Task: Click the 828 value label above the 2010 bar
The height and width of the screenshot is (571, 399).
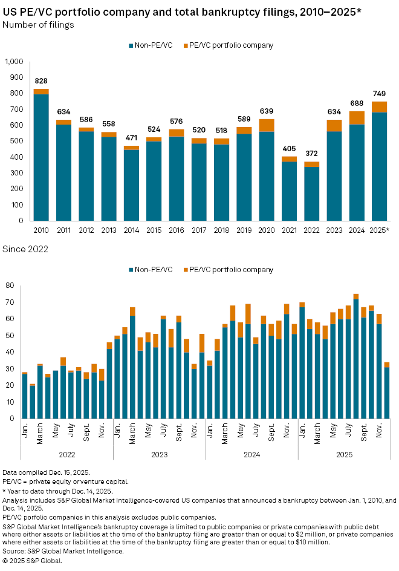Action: click(x=41, y=81)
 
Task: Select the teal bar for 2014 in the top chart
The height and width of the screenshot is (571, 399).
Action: click(x=132, y=184)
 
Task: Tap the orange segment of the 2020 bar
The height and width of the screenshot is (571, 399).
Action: click(x=266, y=125)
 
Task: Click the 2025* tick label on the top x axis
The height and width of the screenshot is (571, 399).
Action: click(x=380, y=230)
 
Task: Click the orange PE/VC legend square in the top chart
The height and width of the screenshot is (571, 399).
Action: click(x=185, y=45)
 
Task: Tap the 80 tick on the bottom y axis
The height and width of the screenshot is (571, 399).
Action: click(x=11, y=285)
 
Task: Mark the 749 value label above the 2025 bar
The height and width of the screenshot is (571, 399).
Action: click(x=380, y=94)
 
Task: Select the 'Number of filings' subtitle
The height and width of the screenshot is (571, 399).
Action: click(x=38, y=25)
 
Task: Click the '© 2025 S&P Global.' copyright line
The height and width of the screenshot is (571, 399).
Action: click(x=32, y=560)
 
